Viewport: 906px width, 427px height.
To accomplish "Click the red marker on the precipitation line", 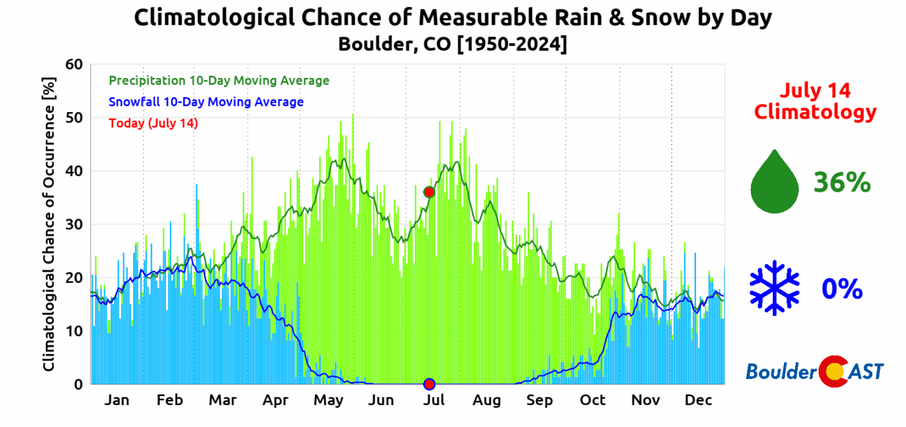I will (x=429, y=192).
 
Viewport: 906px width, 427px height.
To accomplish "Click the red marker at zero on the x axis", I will (x=429, y=384).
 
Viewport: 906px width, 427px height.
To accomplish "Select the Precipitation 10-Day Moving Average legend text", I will (x=219, y=80).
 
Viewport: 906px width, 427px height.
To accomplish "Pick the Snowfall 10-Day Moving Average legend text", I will (x=206, y=102).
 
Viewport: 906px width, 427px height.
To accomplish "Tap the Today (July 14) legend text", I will (x=153, y=123).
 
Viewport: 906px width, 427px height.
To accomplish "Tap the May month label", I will (x=329, y=400).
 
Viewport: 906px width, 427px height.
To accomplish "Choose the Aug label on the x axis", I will (x=487, y=400).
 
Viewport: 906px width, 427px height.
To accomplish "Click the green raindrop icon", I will (x=774, y=181).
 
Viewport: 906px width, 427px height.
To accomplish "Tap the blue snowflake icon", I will (x=774, y=288).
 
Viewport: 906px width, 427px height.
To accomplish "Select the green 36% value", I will (x=842, y=182).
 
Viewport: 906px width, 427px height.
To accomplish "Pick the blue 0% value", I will (x=842, y=289).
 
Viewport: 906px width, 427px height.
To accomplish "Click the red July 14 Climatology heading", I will (x=815, y=101).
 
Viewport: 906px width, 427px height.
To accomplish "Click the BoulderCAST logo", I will (x=815, y=371).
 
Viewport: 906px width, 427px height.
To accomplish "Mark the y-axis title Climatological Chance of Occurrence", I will (x=49, y=224).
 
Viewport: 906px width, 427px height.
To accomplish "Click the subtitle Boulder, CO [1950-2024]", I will (x=452, y=44).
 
